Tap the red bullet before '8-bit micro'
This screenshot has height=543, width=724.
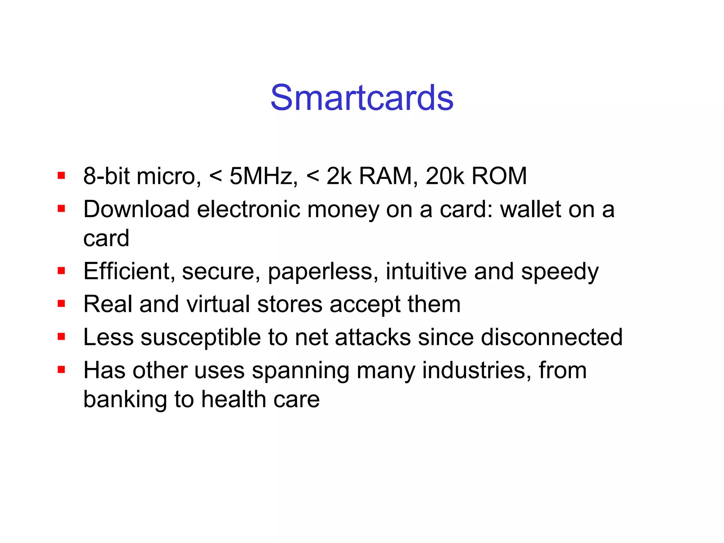pyautogui.click(x=62, y=176)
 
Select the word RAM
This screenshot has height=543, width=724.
pyautogui.click(x=386, y=176)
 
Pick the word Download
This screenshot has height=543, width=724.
pyautogui.click(x=136, y=209)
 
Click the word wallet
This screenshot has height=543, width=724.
pyautogui.click(x=530, y=209)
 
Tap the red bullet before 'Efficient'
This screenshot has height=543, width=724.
pyautogui.click(x=62, y=271)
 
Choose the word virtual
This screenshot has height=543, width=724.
pyautogui.click(x=218, y=304)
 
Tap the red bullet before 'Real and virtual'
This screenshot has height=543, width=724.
pyautogui.click(x=62, y=304)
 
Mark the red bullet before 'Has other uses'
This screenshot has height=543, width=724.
pyautogui.click(x=62, y=370)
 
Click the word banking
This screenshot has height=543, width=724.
pyautogui.click(x=125, y=399)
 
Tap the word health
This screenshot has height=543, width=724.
pyautogui.click(x=234, y=399)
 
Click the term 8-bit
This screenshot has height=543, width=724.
pyautogui.click(x=106, y=176)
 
